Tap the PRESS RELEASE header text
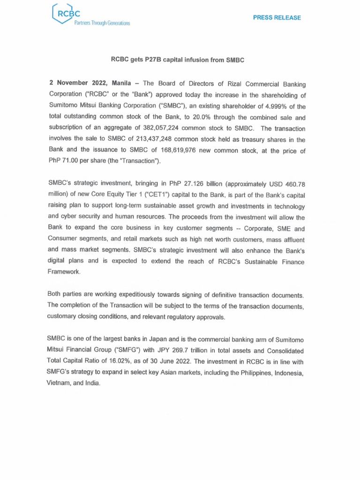coord(277,18)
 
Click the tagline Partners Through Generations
coord(101,23)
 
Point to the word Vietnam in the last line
coord(60,383)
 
